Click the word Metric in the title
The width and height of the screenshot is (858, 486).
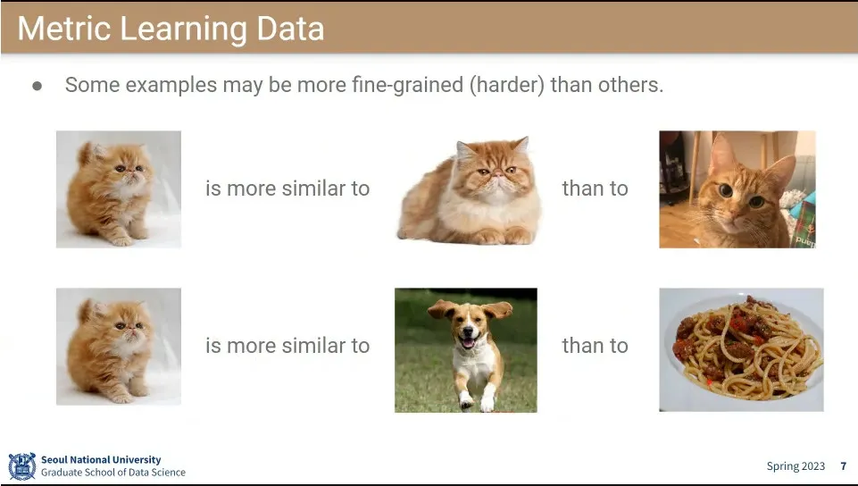[x=64, y=28]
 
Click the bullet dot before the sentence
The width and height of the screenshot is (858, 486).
[x=37, y=86]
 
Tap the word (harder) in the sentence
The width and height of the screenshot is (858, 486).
[x=507, y=86]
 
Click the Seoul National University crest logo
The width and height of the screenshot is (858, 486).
[x=22, y=466]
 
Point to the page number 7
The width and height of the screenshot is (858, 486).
[x=843, y=465]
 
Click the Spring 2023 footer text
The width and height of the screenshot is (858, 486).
[x=796, y=466]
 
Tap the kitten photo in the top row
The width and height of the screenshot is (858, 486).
[x=119, y=189]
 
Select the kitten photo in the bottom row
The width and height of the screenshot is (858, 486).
[x=119, y=347]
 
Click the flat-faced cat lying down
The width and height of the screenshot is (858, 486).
[x=470, y=191]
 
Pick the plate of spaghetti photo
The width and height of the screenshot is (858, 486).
[x=741, y=349]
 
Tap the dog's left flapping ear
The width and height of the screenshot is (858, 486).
[x=441, y=309]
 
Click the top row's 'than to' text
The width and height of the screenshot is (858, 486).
[x=596, y=189]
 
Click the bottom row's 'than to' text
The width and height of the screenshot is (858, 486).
[x=596, y=346]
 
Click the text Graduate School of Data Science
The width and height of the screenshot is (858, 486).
[x=113, y=473]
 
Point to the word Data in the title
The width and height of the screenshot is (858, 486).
[x=290, y=28]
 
